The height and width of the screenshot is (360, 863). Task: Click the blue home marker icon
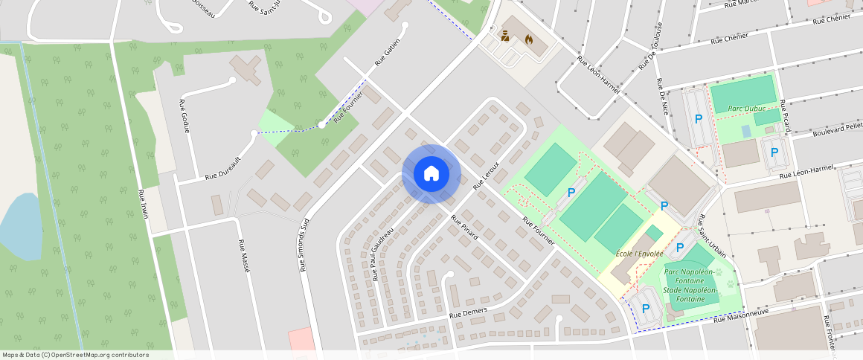431,174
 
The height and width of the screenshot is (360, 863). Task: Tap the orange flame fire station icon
529,39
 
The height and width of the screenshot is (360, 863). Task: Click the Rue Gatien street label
388,52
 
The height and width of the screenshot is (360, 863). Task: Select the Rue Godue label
185,116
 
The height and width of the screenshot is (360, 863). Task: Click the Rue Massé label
243,256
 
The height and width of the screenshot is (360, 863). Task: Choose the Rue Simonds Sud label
304,245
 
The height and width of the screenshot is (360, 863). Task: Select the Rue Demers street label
466,314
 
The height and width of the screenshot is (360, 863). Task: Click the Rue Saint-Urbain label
712,236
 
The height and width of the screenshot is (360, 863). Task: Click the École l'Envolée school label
639,253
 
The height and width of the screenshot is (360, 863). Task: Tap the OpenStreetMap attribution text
75,355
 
